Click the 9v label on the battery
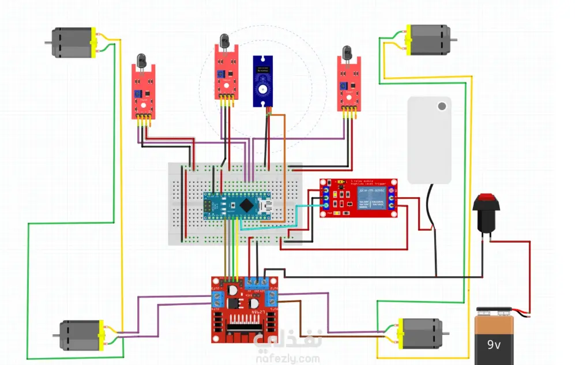[494, 345]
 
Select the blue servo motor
[264, 81]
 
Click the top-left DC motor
[72, 43]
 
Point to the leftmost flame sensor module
[142, 92]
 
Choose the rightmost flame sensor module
[348, 84]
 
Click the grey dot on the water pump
[442, 106]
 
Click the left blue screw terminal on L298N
[218, 299]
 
